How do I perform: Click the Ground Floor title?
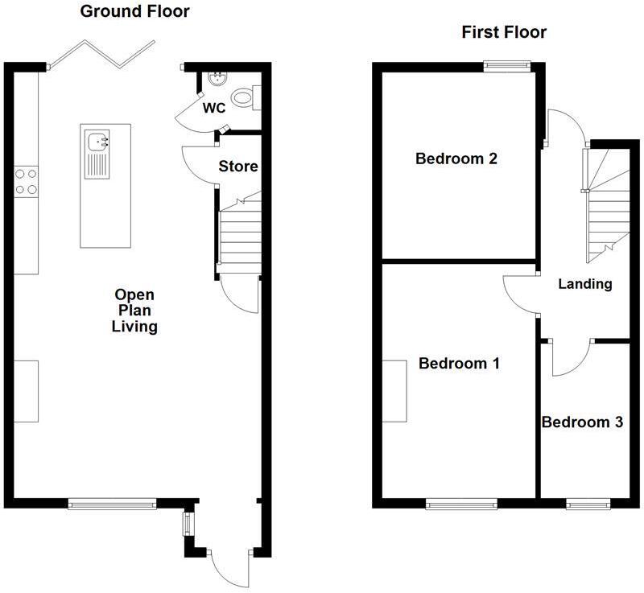pyautogui.click(x=134, y=11)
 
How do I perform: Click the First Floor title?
pyautogui.click(x=504, y=32)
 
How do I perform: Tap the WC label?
pyautogui.click(x=214, y=106)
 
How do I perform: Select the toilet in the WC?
pyautogui.click(x=243, y=98)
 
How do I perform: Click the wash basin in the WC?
pyautogui.click(x=216, y=78)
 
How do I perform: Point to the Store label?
pyautogui.click(x=239, y=167)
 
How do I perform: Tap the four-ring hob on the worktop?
pyautogui.click(x=26, y=181)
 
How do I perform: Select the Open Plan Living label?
pyautogui.click(x=134, y=311)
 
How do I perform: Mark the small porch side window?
pyautogui.click(x=187, y=524)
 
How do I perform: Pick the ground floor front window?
pyautogui.click(x=111, y=504)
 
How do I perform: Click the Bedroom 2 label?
pyautogui.click(x=456, y=159)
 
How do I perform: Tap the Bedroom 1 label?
pyautogui.click(x=459, y=364)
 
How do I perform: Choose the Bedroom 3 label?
pyautogui.click(x=582, y=422)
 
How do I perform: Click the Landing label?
pyautogui.click(x=585, y=283)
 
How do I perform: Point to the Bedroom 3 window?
pyautogui.click(x=588, y=504)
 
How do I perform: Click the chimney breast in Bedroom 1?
pyautogui.click(x=394, y=390)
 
